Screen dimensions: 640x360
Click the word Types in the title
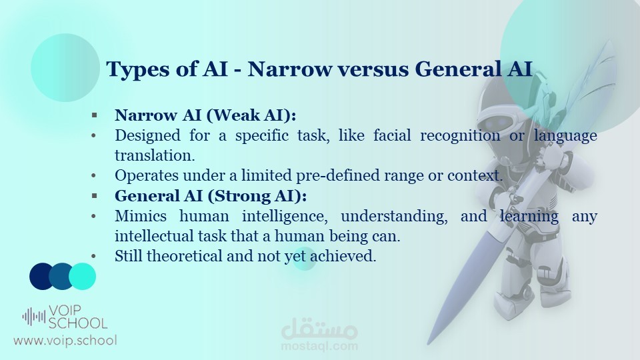tap(137, 69)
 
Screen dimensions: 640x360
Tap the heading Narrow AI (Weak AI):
tap(205, 115)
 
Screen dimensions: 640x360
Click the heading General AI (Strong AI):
tap(211, 196)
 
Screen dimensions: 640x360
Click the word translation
tap(155, 155)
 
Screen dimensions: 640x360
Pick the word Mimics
tap(141, 215)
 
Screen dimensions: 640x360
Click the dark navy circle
tap(43, 276)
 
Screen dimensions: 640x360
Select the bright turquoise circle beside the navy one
tap(83, 276)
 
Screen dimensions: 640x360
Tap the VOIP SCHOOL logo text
tap(77, 317)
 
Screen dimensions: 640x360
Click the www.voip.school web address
tap(65, 341)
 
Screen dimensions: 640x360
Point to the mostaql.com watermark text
tap(319, 346)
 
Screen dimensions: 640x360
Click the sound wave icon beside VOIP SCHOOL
tap(34, 317)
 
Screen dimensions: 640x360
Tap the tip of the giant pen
tap(428, 344)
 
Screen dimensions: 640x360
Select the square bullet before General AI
tap(94, 196)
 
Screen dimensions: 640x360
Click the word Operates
tap(147, 175)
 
